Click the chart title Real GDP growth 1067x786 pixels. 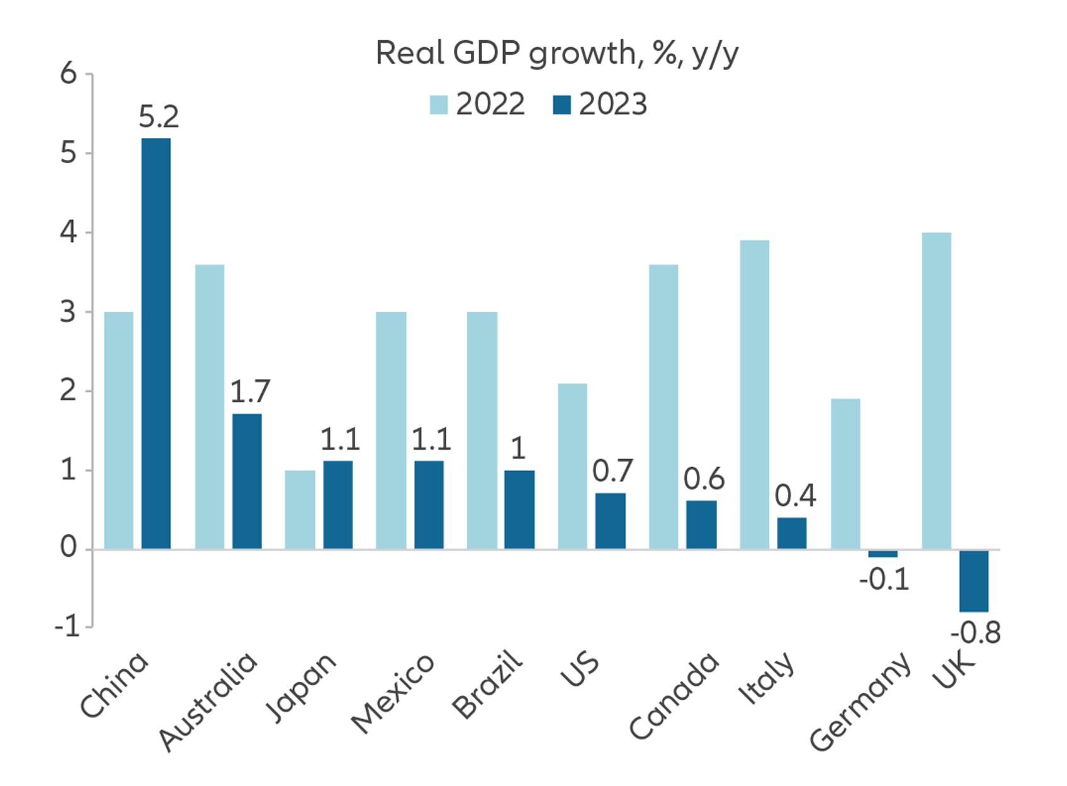(556, 54)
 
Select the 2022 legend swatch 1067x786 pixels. (438, 105)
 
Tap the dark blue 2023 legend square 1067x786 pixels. (562, 105)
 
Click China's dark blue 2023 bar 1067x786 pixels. (156, 343)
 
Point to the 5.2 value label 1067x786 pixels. (159, 117)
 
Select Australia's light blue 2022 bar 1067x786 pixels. (210, 406)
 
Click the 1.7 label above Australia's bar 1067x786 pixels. (250, 392)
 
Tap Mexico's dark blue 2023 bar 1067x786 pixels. (429, 504)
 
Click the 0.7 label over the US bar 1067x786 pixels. (612, 471)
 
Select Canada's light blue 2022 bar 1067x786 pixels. (663, 406)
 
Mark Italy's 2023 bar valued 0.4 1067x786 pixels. (792, 533)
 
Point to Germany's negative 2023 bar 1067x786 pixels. (883, 554)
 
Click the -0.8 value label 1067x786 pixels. (975, 632)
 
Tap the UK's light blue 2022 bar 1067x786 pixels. (936, 390)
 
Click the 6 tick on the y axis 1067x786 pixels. (69, 74)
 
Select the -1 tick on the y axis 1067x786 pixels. (67, 627)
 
